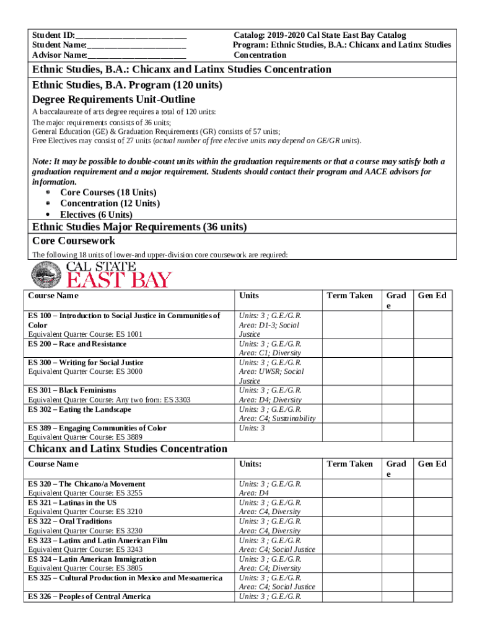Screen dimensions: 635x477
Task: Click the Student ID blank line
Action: coord(131,35)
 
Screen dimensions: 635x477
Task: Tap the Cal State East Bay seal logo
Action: coord(43,274)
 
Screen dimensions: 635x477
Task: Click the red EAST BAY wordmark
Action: coord(118,280)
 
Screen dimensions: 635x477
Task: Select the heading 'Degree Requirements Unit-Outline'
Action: coord(113,99)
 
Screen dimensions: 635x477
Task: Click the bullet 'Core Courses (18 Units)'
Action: coord(108,193)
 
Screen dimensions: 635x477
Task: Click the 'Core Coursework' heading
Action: coord(73,241)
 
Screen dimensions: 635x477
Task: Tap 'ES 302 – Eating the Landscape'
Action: coord(80,409)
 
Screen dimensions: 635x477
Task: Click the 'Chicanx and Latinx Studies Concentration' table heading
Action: coord(128,448)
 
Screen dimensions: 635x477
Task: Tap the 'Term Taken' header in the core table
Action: coord(349,295)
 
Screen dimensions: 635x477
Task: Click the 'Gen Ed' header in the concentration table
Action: coord(432,463)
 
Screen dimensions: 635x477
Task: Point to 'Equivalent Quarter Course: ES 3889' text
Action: coord(85,437)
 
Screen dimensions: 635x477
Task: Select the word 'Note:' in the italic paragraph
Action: coord(43,162)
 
